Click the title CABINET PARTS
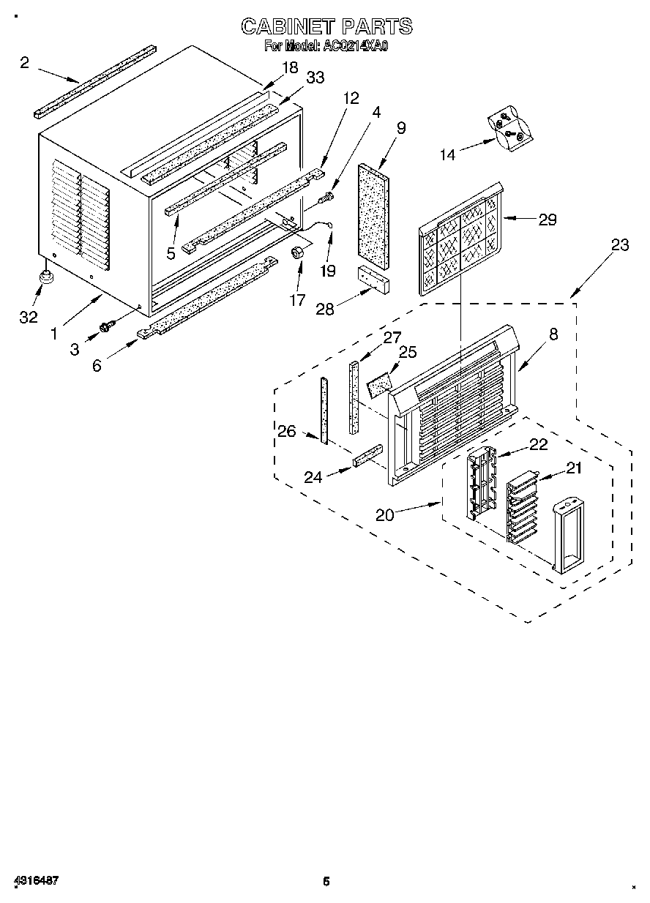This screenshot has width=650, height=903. tap(326, 27)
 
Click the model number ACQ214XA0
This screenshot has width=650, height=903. tap(355, 46)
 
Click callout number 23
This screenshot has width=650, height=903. tap(620, 244)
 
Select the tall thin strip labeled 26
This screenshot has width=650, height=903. tap(323, 410)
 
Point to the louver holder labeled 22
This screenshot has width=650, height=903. tap(480, 484)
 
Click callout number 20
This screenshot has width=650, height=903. tap(384, 515)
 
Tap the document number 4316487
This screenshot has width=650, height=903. tap(35, 880)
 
